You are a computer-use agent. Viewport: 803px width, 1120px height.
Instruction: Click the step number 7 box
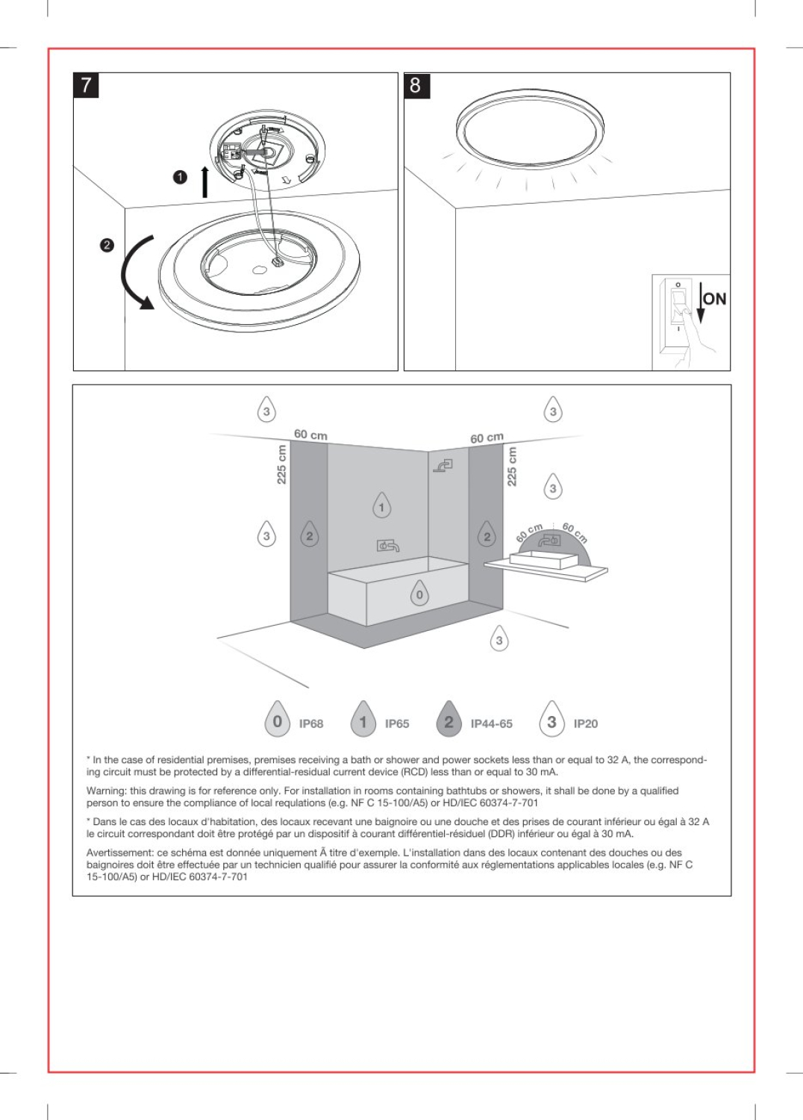(x=86, y=85)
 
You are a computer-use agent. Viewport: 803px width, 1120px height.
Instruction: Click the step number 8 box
(x=416, y=85)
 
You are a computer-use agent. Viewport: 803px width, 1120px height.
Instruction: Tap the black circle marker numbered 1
(x=179, y=177)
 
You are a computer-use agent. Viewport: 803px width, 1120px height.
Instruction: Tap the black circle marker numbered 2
(x=107, y=245)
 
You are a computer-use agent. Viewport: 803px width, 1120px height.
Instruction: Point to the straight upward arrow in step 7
(x=204, y=182)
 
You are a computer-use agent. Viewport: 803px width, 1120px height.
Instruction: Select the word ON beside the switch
(x=714, y=299)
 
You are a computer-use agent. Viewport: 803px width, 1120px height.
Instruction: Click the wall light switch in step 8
(x=678, y=309)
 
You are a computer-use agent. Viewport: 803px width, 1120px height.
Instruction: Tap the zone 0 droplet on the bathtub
(x=419, y=594)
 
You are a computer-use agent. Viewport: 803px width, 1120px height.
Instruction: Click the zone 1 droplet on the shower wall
(x=381, y=507)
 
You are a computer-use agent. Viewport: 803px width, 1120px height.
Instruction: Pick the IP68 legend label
(x=310, y=724)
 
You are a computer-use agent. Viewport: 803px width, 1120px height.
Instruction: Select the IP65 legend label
(x=396, y=724)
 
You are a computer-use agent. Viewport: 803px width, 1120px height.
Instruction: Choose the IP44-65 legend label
(x=491, y=724)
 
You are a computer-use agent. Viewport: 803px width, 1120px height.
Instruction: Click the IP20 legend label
(x=585, y=724)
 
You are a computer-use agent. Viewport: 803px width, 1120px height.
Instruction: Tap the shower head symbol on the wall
(x=443, y=466)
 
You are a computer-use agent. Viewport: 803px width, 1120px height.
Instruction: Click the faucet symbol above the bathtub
(x=387, y=546)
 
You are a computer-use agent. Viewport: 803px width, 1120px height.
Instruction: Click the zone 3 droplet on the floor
(x=499, y=640)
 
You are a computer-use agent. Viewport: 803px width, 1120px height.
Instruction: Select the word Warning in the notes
(x=106, y=791)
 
